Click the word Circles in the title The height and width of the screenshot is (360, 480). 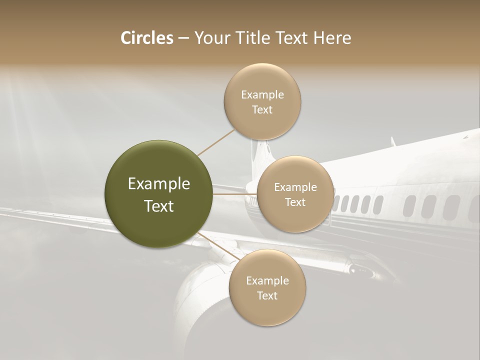146,38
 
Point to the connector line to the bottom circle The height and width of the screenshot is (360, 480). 219,246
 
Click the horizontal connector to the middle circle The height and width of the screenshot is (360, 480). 234,194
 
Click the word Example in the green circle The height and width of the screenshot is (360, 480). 159,184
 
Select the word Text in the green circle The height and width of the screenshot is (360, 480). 159,206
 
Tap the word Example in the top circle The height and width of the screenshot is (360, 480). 262,94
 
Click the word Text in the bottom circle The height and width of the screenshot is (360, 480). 267,295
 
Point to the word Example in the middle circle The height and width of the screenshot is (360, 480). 295,187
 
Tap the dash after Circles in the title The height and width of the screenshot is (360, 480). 183,38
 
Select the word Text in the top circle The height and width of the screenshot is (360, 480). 262,109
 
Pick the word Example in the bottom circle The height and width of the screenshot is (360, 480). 267,280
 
